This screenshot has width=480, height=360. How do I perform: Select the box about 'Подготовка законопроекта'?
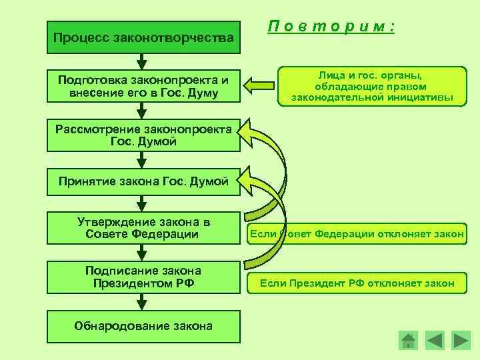pos(143,85)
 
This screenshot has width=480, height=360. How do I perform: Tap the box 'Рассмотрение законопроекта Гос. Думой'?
pos(143,135)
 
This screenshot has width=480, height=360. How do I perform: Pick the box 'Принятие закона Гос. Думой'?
pos(143,181)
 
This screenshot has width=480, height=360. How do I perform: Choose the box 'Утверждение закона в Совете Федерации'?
pos(143,227)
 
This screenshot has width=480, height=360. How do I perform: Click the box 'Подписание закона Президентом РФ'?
pos(143,277)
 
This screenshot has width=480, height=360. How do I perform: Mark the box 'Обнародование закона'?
pos(143,326)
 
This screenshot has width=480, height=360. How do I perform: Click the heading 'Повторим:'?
pos(332,27)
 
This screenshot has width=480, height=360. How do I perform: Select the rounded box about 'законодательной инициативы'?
pos(372,86)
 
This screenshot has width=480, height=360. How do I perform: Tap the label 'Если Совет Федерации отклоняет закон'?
pos(357,234)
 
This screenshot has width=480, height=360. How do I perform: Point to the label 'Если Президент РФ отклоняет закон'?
pos(357,283)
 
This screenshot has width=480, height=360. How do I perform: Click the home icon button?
pos(408,341)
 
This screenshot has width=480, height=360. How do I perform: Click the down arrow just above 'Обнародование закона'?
pos(141,302)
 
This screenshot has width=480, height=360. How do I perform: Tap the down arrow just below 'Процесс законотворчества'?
pos(141,61)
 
